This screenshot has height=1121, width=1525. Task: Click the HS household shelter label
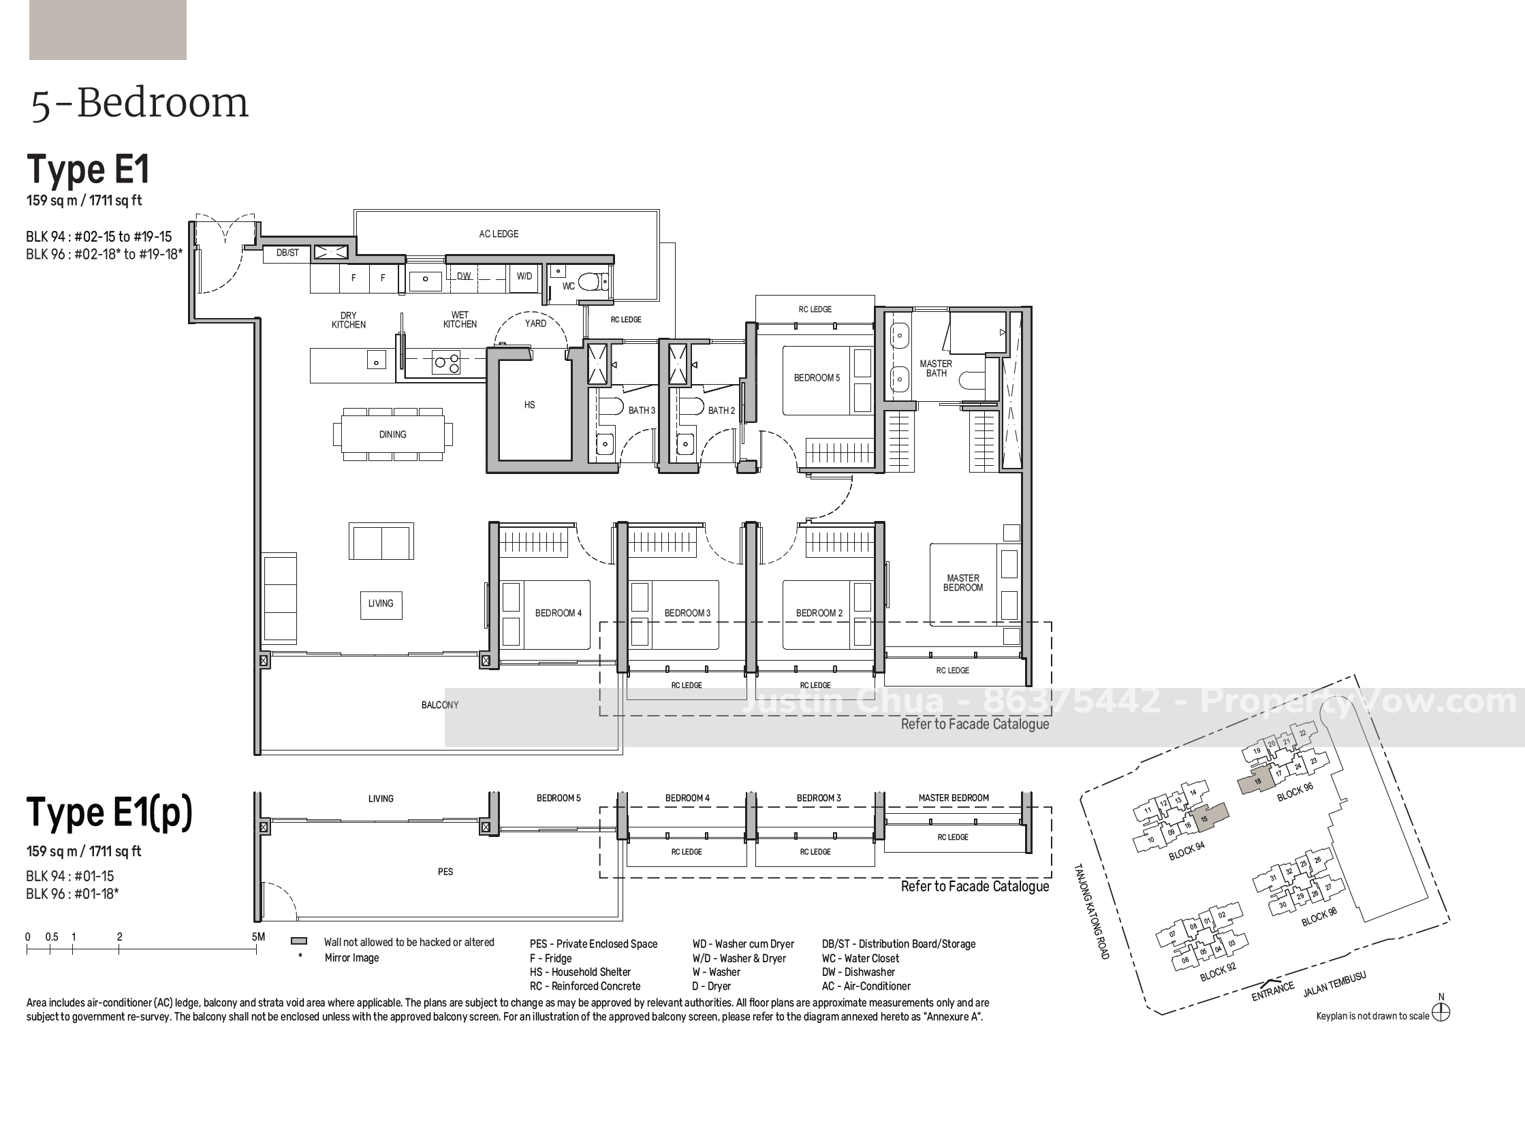click(x=529, y=405)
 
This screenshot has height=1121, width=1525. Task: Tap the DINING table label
click(x=392, y=435)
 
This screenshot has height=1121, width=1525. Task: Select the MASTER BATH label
click(x=936, y=368)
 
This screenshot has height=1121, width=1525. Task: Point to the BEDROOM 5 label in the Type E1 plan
click(x=817, y=378)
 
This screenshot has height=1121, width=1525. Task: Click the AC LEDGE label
click(x=499, y=234)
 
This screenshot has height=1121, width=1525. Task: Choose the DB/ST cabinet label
click(x=287, y=253)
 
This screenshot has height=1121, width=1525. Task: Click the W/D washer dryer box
click(x=524, y=277)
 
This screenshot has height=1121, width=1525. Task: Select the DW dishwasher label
click(x=464, y=276)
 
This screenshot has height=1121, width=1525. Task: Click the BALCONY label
click(x=440, y=705)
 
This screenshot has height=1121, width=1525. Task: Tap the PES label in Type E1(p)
click(x=445, y=872)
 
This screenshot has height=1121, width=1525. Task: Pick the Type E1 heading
click(x=88, y=170)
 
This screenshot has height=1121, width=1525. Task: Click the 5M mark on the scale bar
click(x=258, y=937)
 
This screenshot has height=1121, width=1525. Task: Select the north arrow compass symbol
click(x=1441, y=1013)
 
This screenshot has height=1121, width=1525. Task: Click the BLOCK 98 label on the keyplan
click(x=1319, y=917)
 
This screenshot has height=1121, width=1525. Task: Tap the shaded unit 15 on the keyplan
click(x=1209, y=816)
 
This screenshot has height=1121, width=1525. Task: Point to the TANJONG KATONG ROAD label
click(x=1092, y=912)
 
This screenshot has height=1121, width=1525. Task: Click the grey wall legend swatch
click(x=299, y=941)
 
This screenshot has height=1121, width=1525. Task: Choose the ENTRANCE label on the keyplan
click(x=1272, y=992)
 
